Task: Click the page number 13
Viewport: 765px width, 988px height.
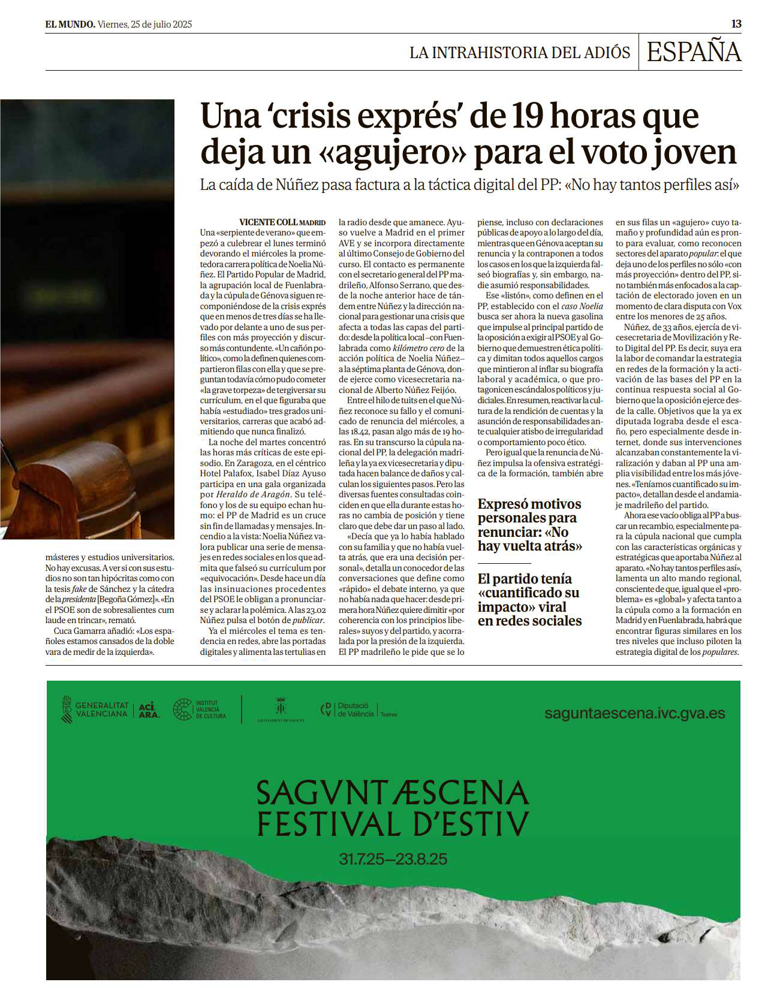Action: coord(736,24)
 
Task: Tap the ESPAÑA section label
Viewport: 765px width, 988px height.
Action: coord(694,52)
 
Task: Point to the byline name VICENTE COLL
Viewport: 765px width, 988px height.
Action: coord(268,222)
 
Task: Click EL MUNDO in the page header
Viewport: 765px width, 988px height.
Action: coord(70,25)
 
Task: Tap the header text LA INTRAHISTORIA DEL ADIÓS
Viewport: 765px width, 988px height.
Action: coord(519,53)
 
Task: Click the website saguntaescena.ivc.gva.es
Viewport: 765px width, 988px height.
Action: coord(634,714)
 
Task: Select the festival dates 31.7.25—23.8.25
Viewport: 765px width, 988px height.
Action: coord(393,859)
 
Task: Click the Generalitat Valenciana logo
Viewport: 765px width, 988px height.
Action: coord(95,710)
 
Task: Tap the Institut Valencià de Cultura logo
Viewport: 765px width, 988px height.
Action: coord(200,710)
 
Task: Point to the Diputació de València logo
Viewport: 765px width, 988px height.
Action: coord(358,710)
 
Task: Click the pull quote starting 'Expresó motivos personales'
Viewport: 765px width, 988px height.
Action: coord(529,525)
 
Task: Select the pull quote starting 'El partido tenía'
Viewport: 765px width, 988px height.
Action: coord(529,599)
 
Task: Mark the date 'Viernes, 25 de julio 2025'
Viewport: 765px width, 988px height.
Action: coord(144,25)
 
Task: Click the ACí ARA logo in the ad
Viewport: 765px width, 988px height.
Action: coord(149,710)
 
